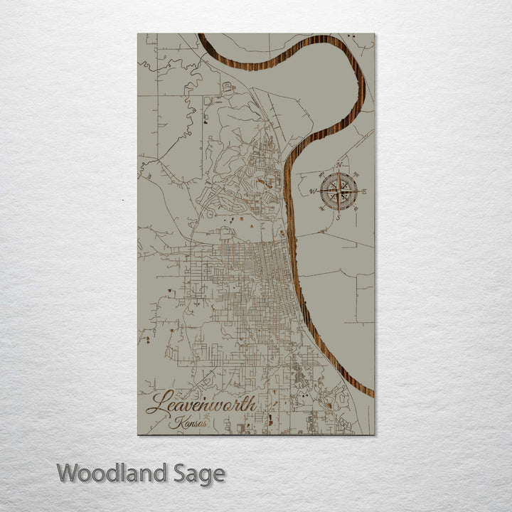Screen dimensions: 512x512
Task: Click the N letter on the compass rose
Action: tap(338, 166)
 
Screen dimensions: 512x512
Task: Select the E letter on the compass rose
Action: tap(364, 191)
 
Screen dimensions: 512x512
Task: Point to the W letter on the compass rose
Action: tap(313, 191)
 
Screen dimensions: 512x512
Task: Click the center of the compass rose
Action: tap(338, 191)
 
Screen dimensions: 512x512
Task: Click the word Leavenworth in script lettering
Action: tap(201, 403)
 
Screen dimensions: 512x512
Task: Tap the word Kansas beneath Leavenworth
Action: tap(190, 422)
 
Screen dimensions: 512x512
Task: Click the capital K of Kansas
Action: tap(175, 422)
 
